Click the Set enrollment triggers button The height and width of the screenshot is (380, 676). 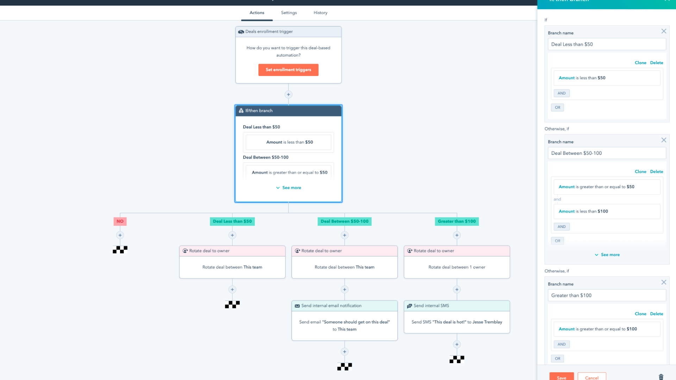point(288,70)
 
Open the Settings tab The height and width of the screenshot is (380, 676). point(289,13)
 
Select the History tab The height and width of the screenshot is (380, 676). point(320,13)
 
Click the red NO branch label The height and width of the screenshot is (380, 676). point(120,221)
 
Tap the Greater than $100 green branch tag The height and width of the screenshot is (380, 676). point(457,221)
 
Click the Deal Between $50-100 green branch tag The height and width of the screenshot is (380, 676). point(344,221)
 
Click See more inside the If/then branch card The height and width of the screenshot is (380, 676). point(288,188)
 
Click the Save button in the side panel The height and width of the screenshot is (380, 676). point(562,376)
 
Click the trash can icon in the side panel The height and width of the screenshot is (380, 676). point(661,377)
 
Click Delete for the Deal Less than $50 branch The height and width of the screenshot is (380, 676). point(657,63)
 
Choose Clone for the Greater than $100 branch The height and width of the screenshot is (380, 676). point(640,314)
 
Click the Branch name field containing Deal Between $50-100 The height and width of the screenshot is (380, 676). point(607,153)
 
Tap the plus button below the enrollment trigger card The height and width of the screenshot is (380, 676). point(288,94)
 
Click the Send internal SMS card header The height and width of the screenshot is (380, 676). point(457,306)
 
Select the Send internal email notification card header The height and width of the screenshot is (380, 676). point(344,306)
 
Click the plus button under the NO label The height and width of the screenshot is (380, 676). point(120,235)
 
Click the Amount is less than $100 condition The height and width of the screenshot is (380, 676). point(607,211)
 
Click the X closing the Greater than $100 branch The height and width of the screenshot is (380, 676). point(664,282)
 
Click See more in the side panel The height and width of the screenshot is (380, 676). point(607,255)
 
